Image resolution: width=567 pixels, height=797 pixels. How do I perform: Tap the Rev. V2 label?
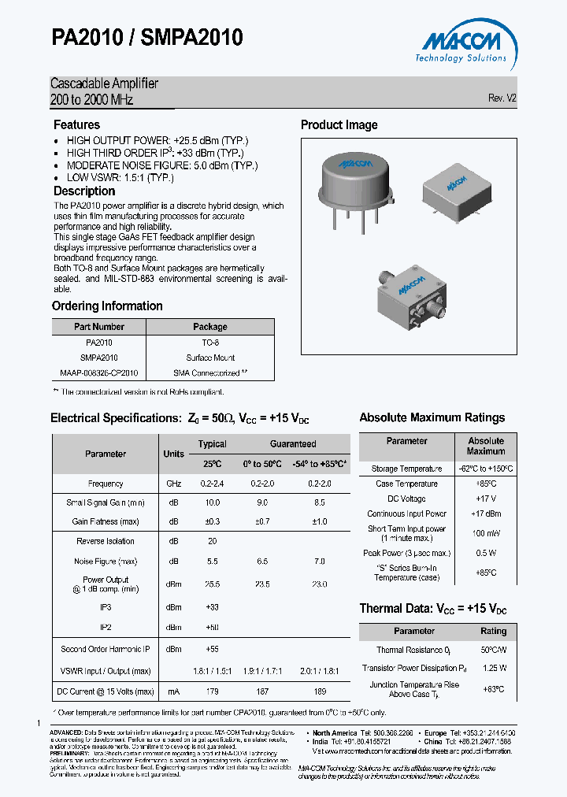pyautogui.click(x=502, y=98)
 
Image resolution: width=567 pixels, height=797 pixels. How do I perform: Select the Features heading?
pyautogui.click(x=76, y=124)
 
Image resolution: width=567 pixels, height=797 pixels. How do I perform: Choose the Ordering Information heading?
pyautogui.click(x=107, y=306)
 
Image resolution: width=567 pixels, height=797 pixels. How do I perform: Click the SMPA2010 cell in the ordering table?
pyautogui.click(x=98, y=358)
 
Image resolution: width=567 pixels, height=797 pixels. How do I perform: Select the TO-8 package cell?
pyautogui.click(x=210, y=343)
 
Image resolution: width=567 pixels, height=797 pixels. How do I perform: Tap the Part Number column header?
pyautogui.click(x=98, y=327)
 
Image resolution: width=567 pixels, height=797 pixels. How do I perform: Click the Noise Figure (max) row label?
pyautogui.click(x=105, y=561)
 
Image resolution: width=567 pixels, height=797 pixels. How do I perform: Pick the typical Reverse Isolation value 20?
pyautogui.click(x=212, y=541)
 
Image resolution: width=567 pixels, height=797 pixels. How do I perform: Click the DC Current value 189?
pyautogui.click(x=320, y=691)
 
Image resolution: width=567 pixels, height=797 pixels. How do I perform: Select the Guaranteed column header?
pyautogui.click(x=293, y=444)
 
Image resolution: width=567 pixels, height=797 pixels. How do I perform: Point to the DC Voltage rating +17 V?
pyautogui.click(x=486, y=499)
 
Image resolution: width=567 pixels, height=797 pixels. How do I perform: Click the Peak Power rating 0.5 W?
pyautogui.click(x=486, y=553)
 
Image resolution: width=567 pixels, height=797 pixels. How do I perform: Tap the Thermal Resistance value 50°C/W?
pyautogui.click(x=494, y=650)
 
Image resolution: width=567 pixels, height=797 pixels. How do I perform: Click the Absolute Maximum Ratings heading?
pyautogui.click(x=432, y=417)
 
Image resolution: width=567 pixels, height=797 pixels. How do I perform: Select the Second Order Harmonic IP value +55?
pyautogui.click(x=212, y=649)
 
